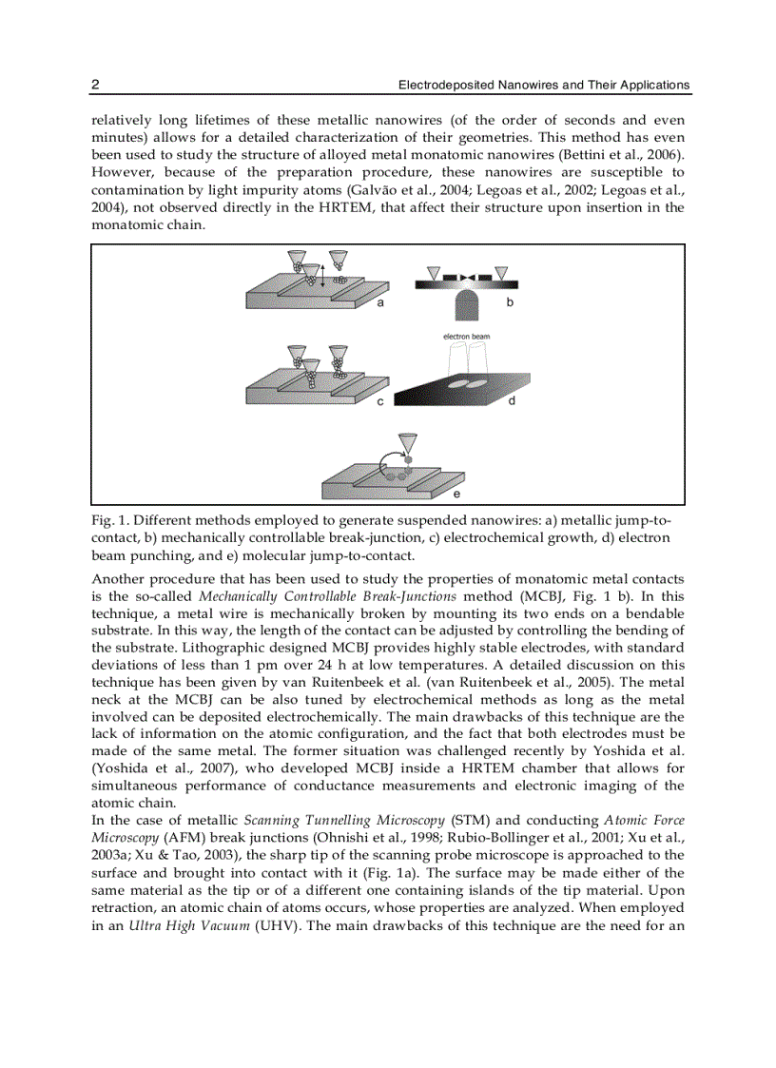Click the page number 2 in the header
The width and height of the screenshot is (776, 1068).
point(95,85)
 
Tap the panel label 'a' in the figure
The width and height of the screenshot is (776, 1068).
point(380,302)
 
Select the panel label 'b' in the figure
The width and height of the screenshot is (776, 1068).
point(510,302)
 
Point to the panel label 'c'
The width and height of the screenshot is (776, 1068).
point(380,401)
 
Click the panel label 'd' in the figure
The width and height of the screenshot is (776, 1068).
point(512,401)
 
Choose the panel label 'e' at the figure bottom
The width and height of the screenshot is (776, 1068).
point(456,495)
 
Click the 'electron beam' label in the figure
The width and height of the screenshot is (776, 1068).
point(466,337)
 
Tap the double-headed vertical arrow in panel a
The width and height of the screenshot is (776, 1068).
point(322,276)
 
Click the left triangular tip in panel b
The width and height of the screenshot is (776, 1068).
point(434,273)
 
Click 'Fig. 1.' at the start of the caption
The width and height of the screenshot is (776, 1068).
point(110,521)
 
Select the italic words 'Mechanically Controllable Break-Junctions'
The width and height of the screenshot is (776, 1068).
point(328,596)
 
